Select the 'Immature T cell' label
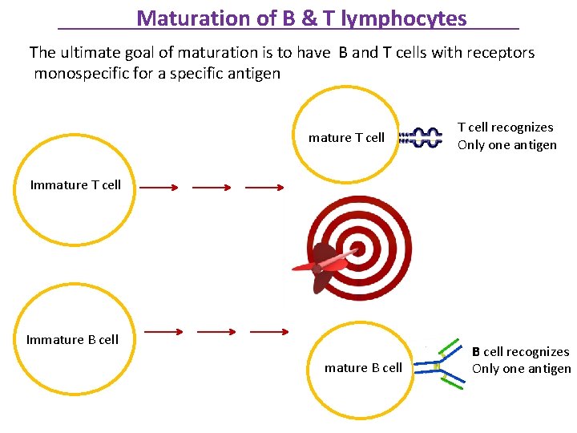coord(75,184)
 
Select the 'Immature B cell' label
coord(72,339)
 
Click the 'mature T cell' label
coord(346,137)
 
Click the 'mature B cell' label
coord(363,367)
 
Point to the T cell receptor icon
coord(422,137)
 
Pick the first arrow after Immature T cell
coord(159,188)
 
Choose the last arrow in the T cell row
coord(264,188)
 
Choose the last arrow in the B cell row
coord(269,331)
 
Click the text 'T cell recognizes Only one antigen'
coord(506,136)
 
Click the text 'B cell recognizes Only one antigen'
coord(521,360)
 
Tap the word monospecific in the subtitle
coord(78,74)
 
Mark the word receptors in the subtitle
coord(503,53)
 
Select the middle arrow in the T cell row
coord(212,188)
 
